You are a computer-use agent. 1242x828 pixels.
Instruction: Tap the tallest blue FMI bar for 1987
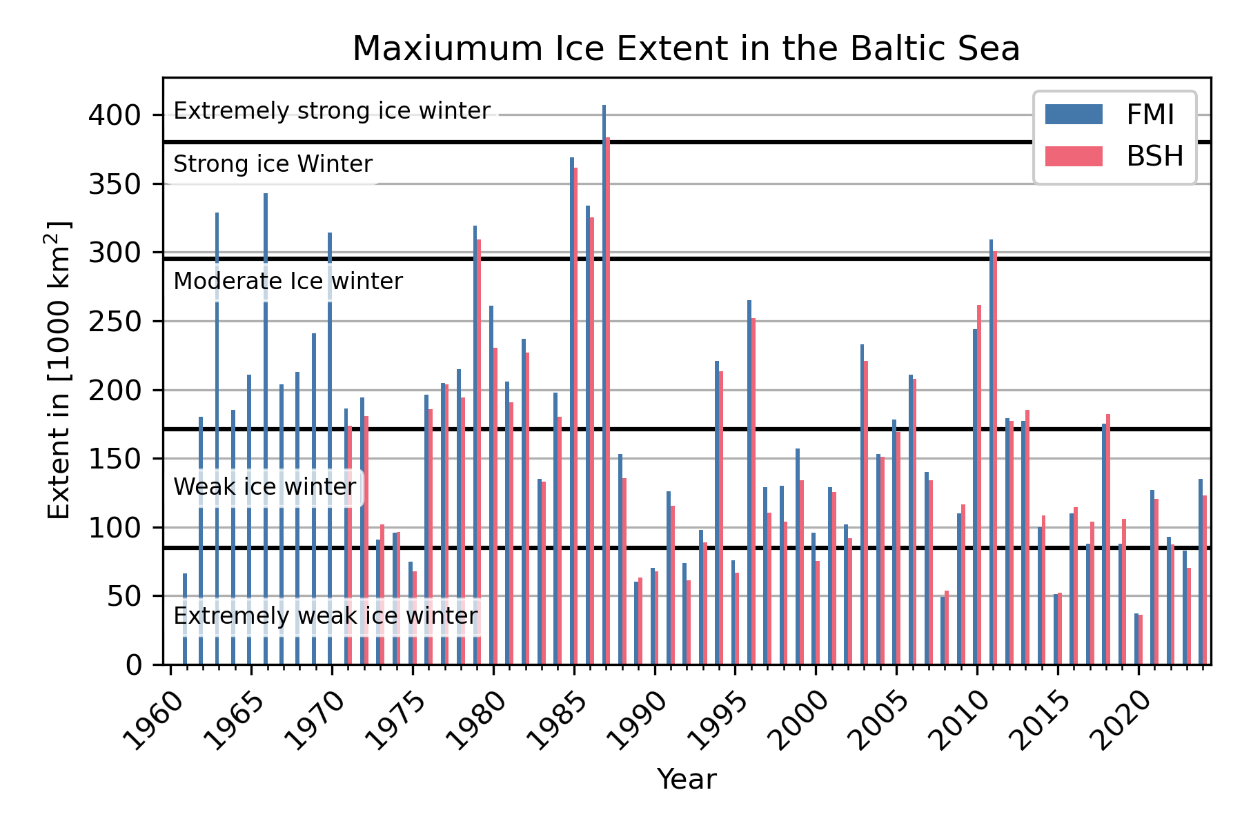tap(604, 386)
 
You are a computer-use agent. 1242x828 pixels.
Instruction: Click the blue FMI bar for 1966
tap(266, 428)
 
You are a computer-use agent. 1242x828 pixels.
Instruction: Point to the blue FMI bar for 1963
tap(217, 442)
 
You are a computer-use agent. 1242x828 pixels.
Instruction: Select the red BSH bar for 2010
tap(979, 483)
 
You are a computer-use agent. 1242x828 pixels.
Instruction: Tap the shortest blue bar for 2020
tap(1136, 639)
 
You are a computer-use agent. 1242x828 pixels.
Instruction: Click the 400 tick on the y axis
tap(114, 115)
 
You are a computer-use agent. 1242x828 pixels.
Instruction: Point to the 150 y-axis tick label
tap(114, 459)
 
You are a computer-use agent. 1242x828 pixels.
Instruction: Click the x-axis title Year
tap(686, 780)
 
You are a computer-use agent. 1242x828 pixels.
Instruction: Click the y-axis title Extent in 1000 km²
tap(59, 371)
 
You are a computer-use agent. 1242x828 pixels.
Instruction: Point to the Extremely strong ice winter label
tap(331, 111)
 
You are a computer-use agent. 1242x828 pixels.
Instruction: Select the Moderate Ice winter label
tap(288, 282)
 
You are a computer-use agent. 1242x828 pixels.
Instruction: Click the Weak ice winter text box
tap(265, 487)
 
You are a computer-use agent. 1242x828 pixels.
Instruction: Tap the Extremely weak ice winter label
tap(325, 615)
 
